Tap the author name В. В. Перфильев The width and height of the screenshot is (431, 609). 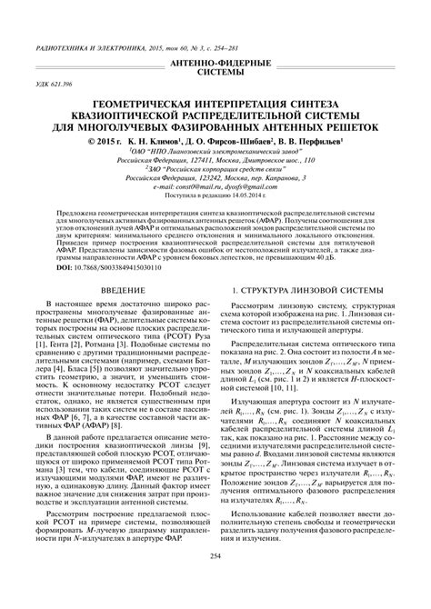tap(300, 143)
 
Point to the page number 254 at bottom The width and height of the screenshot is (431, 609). tap(215, 582)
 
